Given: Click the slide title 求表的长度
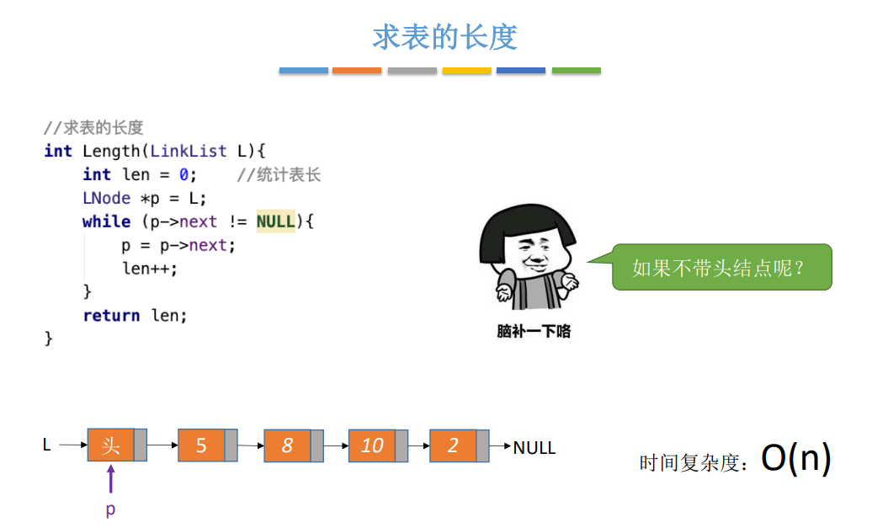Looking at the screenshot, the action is [x=444, y=37].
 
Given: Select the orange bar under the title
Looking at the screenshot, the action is [x=357, y=71].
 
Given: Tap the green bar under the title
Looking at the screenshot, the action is [x=576, y=71].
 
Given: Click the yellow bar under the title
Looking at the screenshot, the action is [x=466, y=71].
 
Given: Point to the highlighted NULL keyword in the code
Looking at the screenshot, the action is [x=276, y=221].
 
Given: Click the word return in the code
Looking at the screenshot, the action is [x=111, y=316].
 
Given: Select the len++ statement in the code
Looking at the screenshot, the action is [x=150, y=269].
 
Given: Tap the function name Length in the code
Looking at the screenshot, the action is [x=111, y=151].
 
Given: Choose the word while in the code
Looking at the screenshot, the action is [x=106, y=221].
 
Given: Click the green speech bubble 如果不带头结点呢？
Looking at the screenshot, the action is [x=721, y=268].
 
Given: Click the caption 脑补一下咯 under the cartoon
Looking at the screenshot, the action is [x=534, y=331].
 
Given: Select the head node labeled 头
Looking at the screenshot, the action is [x=111, y=445].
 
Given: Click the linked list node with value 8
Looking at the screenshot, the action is [x=287, y=445].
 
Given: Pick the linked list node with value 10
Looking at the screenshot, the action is [x=372, y=445].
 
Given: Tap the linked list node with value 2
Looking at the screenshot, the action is [x=453, y=445].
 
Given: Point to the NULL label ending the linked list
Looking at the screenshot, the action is [x=534, y=447].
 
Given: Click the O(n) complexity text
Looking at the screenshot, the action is [x=795, y=458].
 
